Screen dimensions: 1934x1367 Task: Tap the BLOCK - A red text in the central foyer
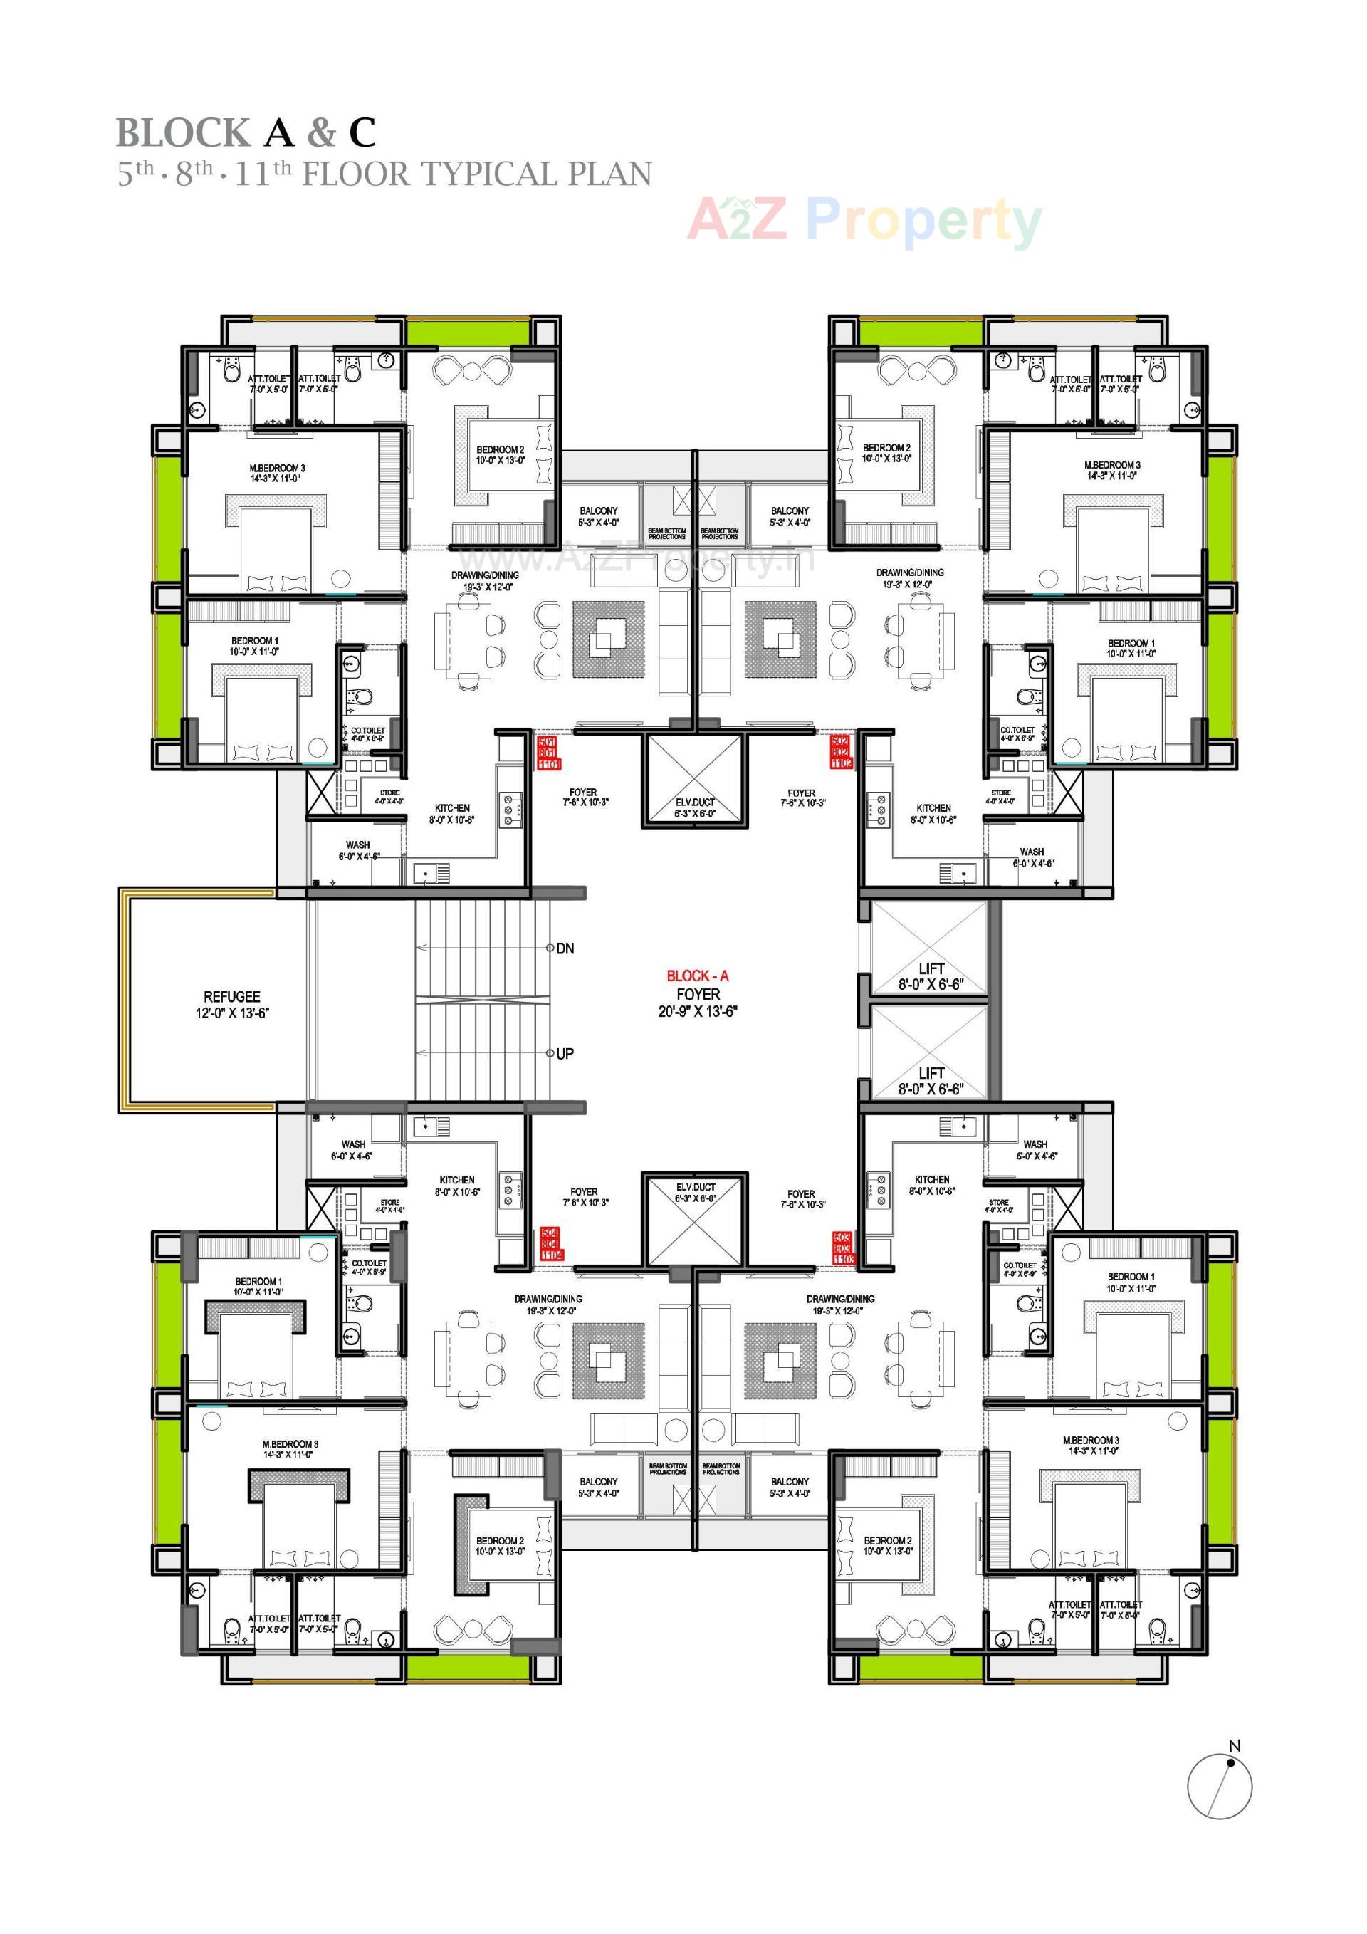698,976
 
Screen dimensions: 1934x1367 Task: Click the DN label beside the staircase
565,948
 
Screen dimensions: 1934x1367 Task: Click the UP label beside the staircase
565,1054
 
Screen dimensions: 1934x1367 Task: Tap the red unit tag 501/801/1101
548,752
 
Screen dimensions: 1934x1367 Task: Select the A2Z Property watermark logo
864,221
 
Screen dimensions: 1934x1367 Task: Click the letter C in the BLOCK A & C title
362,133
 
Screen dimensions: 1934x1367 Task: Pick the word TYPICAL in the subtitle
489,174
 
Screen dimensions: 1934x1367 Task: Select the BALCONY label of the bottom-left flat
599,1481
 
